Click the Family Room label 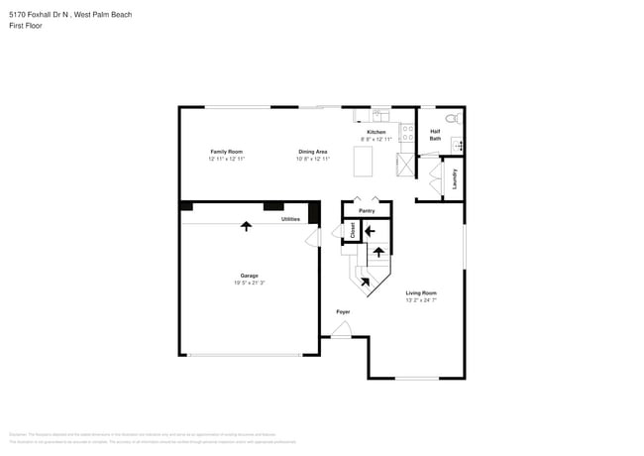[x=226, y=152]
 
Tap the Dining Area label [x=313, y=152]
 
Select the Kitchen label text [x=376, y=132]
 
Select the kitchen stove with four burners [x=406, y=132]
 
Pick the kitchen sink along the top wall [x=378, y=114]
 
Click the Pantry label [x=366, y=210]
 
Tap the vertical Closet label [x=353, y=230]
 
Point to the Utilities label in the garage [x=290, y=219]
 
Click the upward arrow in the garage [x=246, y=226]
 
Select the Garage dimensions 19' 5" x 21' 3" [x=249, y=283]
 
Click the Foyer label [x=343, y=312]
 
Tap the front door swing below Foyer [x=340, y=331]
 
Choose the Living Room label [x=421, y=292]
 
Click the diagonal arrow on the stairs [x=365, y=283]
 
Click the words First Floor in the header [x=26, y=25]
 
